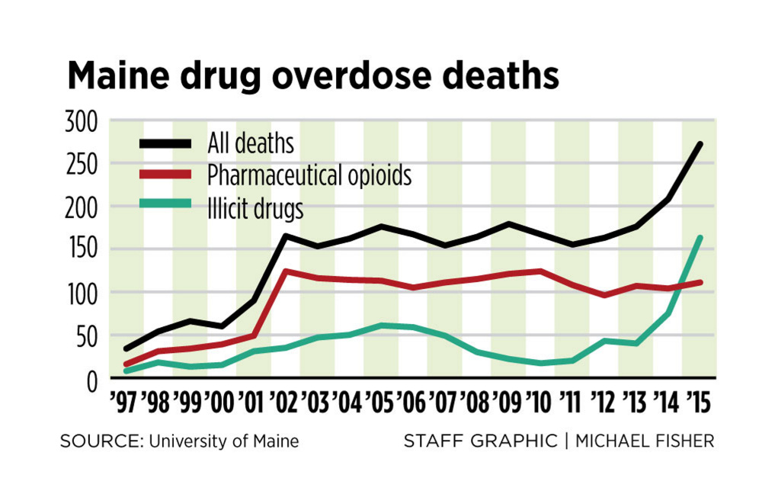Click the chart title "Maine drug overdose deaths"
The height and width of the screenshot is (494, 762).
[313, 77]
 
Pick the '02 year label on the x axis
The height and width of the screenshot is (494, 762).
[282, 401]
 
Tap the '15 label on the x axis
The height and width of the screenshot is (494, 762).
[697, 401]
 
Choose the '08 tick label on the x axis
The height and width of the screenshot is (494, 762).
[474, 401]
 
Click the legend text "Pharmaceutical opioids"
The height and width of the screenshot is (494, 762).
[309, 176]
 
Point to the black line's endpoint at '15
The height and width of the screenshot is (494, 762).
[699, 144]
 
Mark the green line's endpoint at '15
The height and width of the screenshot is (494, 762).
[699, 238]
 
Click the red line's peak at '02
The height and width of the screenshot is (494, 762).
[285, 271]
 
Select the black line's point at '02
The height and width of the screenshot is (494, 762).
[285, 236]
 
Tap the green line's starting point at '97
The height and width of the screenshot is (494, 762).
[126, 370]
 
